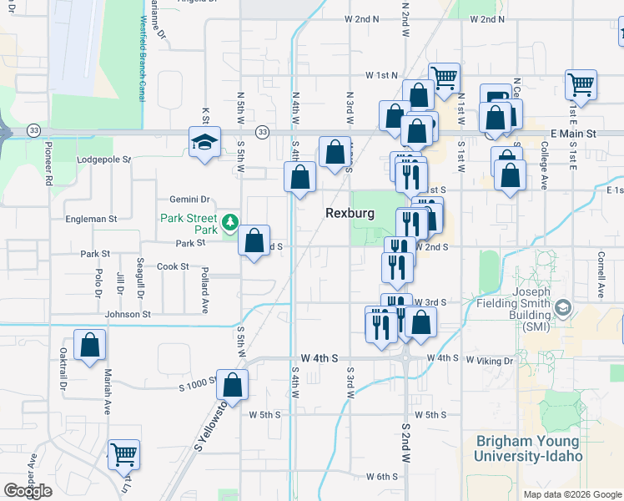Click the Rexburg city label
point(349,214)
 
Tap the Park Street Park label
point(189,224)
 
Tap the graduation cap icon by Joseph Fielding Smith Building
point(563,309)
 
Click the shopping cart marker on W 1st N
point(445,78)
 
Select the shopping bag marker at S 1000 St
point(233,385)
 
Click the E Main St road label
point(573,134)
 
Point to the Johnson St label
point(128,315)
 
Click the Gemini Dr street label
point(189,200)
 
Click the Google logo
point(28,491)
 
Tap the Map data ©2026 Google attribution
point(572,494)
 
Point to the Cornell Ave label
point(600,276)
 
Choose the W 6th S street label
point(383,477)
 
